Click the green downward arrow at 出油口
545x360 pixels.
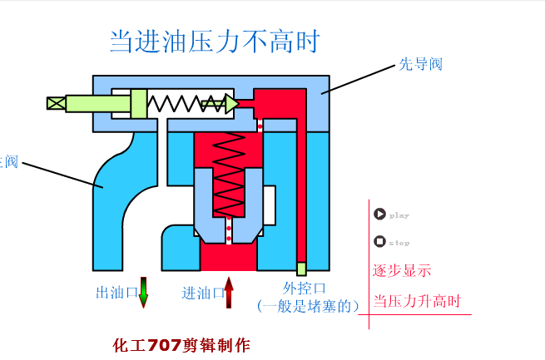[143, 292]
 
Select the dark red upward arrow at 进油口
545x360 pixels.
[229, 293]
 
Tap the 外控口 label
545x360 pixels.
[299, 288]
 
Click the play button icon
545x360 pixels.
[379, 214]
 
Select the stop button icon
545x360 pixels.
[379, 241]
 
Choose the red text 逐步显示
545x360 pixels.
[402, 270]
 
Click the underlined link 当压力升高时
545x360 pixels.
[417, 301]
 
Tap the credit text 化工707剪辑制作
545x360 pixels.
[181, 345]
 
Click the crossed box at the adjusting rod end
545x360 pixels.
[56, 103]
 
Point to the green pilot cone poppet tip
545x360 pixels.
[230, 103]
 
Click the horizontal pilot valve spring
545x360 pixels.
[185, 103]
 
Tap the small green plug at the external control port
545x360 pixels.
[301, 269]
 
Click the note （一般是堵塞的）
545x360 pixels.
[309, 306]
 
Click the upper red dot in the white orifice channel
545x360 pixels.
[260, 126]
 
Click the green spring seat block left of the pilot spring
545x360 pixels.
[139, 103]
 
